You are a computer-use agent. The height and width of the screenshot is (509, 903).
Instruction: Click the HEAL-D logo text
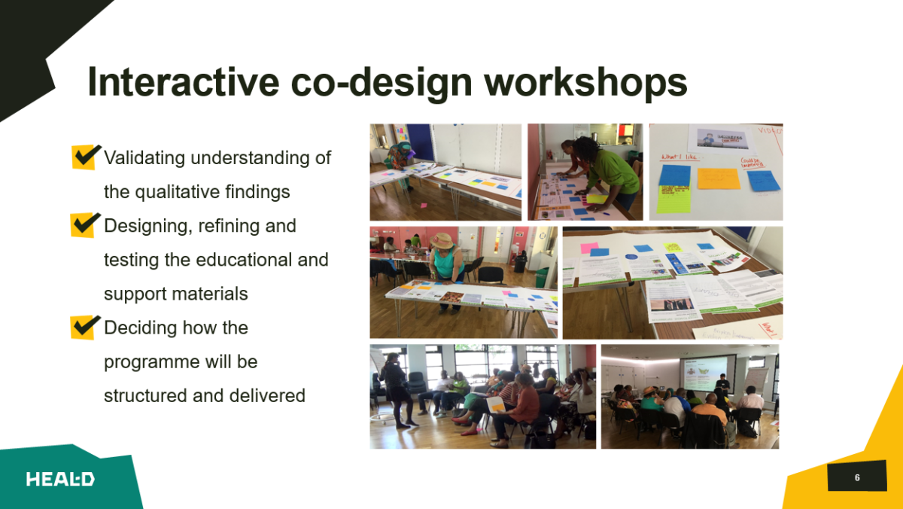point(60,480)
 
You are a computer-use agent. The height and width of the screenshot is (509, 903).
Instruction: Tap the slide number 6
point(856,477)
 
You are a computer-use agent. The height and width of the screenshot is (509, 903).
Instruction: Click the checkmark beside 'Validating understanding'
point(86,157)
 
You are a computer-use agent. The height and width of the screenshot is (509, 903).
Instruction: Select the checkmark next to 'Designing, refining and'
point(85,224)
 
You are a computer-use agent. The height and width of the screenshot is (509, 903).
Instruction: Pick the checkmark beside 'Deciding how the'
point(85,327)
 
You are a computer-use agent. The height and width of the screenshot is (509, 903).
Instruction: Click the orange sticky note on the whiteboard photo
point(718,179)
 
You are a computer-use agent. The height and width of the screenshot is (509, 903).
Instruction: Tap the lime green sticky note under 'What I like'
point(673,200)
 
